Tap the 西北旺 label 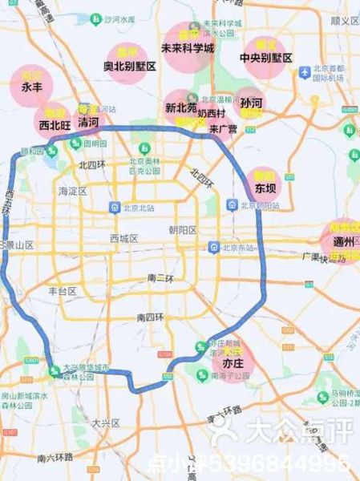[x=55, y=124]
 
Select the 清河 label [x=89, y=123]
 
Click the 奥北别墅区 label [x=130, y=67]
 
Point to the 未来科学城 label [x=188, y=48]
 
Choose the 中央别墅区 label [x=265, y=59]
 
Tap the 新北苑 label [x=181, y=107]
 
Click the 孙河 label [x=251, y=103]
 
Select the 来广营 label [x=223, y=127]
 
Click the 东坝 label [x=265, y=188]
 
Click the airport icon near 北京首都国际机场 [x=304, y=72]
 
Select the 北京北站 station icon [x=115, y=207]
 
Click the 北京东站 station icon [x=212, y=247]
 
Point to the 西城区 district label [x=124, y=238]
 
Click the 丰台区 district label [x=62, y=291]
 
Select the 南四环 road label [x=152, y=317]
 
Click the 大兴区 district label [x=105, y=422]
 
